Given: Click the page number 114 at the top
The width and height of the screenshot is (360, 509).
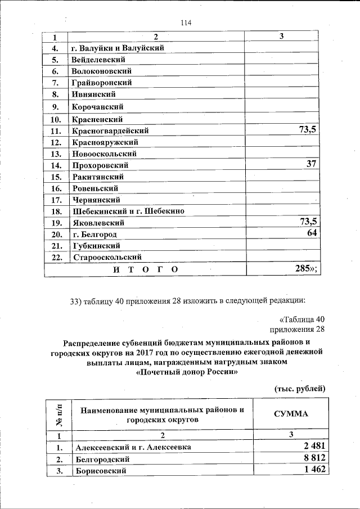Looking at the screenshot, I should tap(186, 23).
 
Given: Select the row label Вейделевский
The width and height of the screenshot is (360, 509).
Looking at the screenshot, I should tap(98, 60).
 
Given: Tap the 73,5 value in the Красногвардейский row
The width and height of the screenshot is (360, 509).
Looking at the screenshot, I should tap(307, 130).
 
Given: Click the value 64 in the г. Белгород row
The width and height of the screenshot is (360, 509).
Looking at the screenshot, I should tap(312, 233).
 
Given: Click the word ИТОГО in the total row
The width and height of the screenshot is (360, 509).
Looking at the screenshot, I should tap(146, 270).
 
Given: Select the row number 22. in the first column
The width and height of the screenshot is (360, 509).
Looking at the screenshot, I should tap(56, 258).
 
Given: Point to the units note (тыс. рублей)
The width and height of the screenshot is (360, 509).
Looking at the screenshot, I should tap(299, 389).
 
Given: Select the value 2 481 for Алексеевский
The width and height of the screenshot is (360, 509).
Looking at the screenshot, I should tap(313, 446).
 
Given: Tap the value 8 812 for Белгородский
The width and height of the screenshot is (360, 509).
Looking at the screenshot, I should tap(313, 458).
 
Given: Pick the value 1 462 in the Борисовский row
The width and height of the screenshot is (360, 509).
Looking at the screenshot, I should tap(313, 470).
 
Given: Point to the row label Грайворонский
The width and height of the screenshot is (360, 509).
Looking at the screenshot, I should tap(102, 83).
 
